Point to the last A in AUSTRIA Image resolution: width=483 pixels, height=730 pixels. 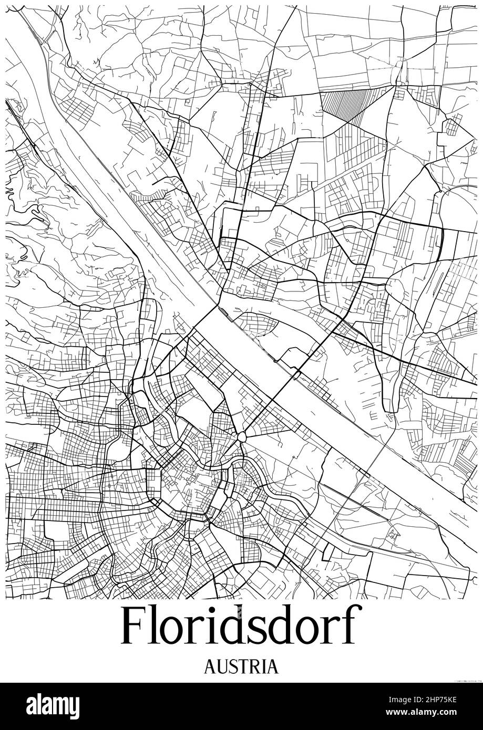click(272, 666)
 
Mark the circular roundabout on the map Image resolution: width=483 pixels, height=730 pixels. click(241, 437)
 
